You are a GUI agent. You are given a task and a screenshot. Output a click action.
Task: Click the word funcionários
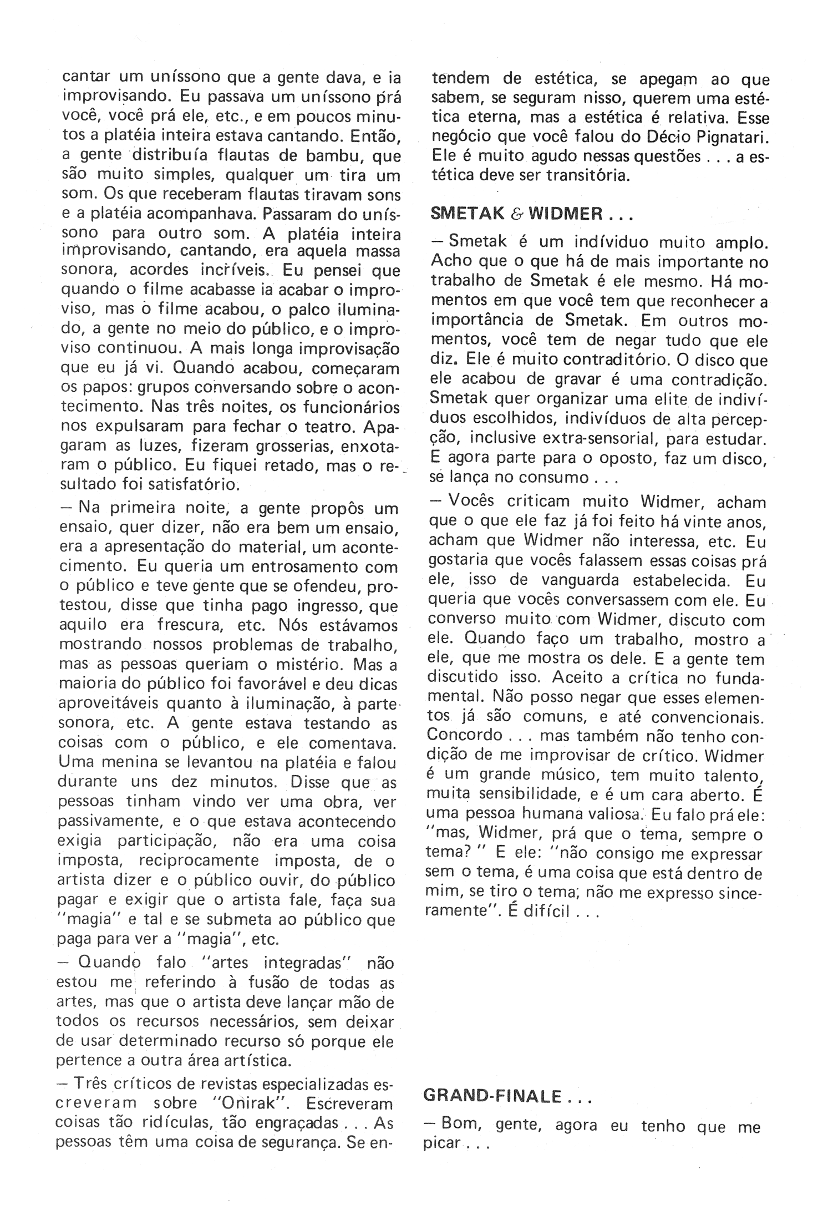pyautogui.click(x=351, y=407)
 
